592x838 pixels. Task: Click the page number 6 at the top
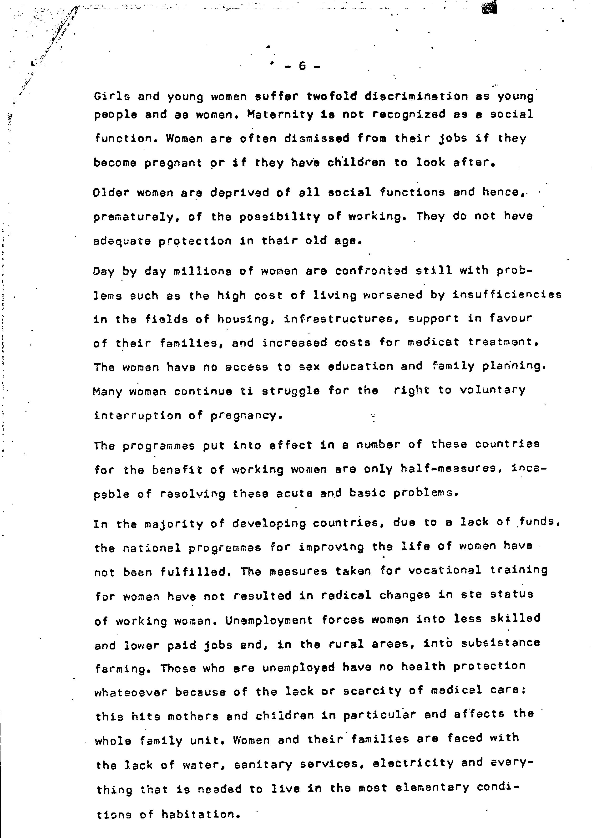pos(302,66)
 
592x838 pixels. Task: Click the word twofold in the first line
pos(332,96)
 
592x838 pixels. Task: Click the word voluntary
pos(492,390)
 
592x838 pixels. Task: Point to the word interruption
pos(137,415)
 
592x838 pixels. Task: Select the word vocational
pos(445,570)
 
